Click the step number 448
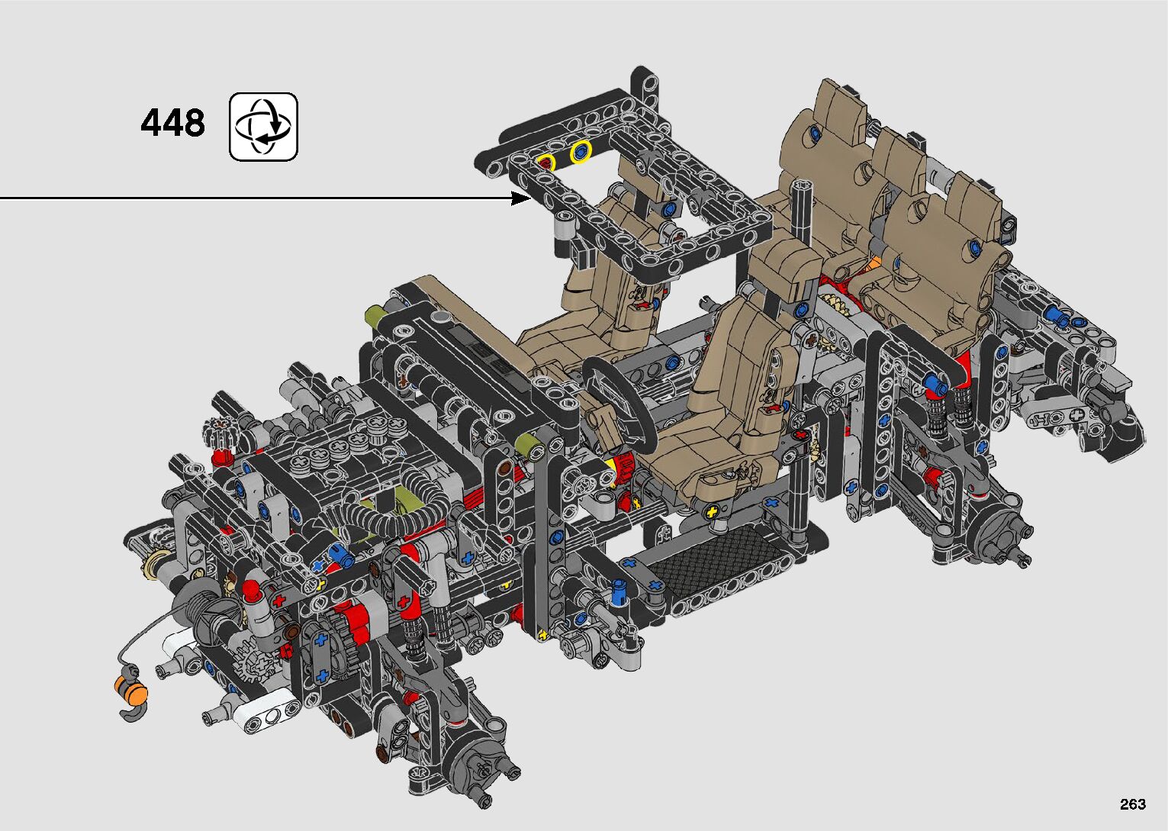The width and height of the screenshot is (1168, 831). pyautogui.click(x=172, y=123)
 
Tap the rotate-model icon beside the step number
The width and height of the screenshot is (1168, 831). pyautogui.click(x=263, y=127)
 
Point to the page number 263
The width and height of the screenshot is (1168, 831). pyautogui.click(x=1133, y=804)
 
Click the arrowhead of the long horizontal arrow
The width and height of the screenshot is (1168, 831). pyautogui.click(x=521, y=198)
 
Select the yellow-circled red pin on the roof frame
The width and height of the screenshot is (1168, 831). pyautogui.click(x=546, y=163)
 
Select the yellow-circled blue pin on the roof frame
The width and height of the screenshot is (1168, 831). pyautogui.click(x=581, y=153)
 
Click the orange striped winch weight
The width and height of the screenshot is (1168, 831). pyautogui.click(x=131, y=691)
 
